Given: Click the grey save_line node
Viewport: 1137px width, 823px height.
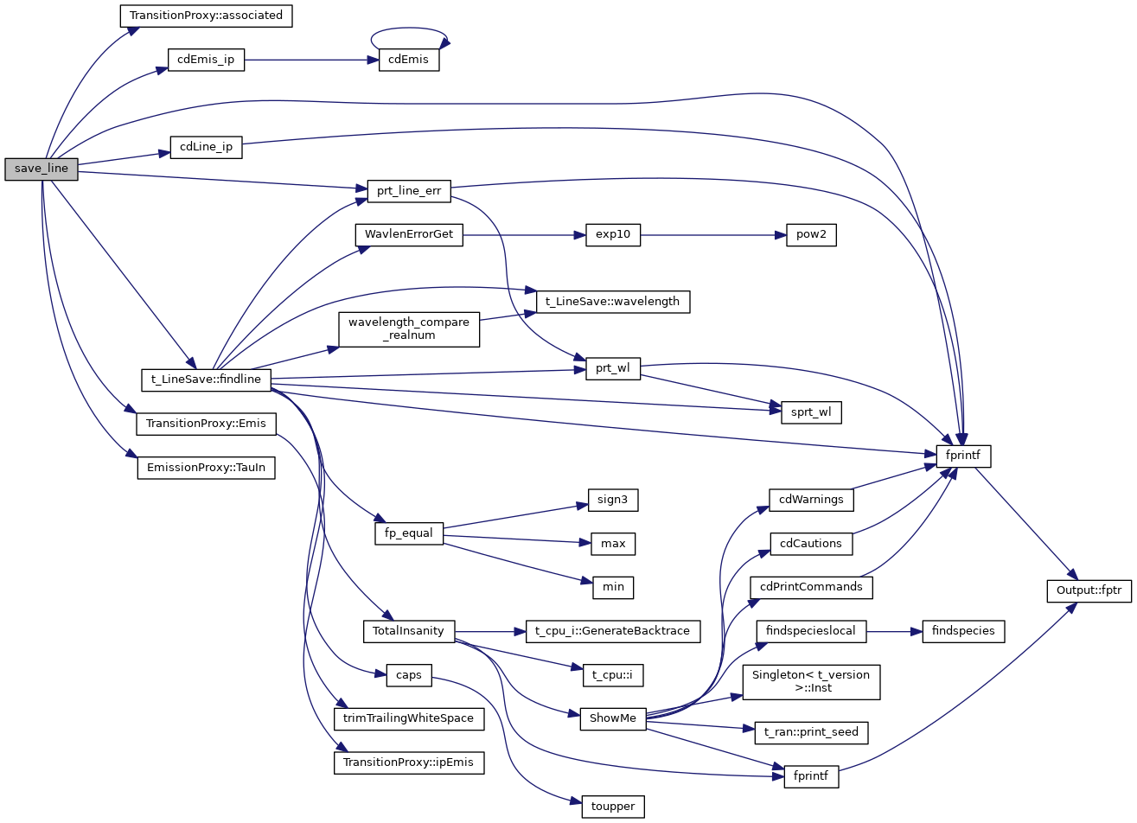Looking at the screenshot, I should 41,169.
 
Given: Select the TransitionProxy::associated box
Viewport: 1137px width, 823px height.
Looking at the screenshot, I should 206,16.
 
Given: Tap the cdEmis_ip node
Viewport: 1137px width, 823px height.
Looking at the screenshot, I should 206,61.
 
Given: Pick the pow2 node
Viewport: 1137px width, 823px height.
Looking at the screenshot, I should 811,234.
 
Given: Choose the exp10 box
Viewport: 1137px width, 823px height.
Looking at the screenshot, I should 613,234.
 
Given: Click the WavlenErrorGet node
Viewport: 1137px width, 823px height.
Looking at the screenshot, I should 409,234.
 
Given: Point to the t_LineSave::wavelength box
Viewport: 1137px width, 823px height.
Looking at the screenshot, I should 613,302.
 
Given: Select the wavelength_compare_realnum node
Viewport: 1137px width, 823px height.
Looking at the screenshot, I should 409,329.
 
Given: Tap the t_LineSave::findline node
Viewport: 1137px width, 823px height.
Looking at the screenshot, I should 206,379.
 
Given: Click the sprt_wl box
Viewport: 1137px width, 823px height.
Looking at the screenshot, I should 811,412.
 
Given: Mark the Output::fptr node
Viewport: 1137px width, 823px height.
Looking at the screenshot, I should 1089,591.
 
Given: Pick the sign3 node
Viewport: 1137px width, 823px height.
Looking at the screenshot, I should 613,500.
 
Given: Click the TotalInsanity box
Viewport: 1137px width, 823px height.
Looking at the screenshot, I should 409,631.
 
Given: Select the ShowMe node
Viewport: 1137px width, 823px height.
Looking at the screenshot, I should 613,718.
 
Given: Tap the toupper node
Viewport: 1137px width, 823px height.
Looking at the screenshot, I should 613,807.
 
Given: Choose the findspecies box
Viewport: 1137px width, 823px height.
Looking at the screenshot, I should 963,631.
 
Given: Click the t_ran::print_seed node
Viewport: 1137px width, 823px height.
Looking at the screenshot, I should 811,732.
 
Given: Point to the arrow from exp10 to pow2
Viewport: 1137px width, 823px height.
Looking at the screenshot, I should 712,234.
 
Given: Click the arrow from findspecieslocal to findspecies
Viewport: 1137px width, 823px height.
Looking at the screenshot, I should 894,631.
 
